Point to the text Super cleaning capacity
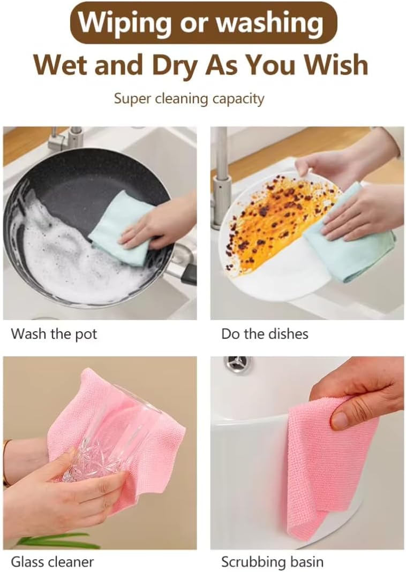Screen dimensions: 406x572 189,99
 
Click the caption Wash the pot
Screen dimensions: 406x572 54,334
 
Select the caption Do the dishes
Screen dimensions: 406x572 265,334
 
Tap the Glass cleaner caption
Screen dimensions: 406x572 52,562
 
